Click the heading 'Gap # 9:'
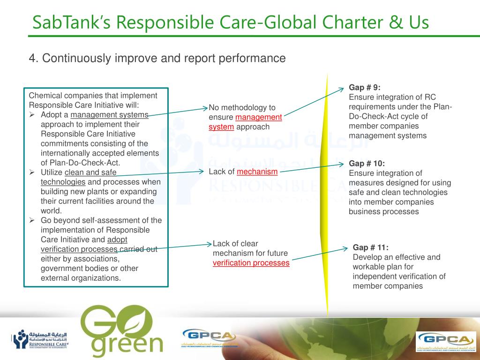click(365, 88)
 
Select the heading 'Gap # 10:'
click(367, 164)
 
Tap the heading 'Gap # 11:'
click(370, 247)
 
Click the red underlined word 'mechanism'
click(257, 172)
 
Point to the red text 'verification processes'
click(251, 263)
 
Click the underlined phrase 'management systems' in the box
click(109, 115)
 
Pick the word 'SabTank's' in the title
click(68, 22)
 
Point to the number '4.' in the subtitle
click(33, 59)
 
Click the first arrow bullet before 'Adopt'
click(33, 115)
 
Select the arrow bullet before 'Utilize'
click(33, 172)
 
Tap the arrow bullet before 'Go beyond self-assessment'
click(33, 220)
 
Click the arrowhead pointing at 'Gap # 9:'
click(342, 89)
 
